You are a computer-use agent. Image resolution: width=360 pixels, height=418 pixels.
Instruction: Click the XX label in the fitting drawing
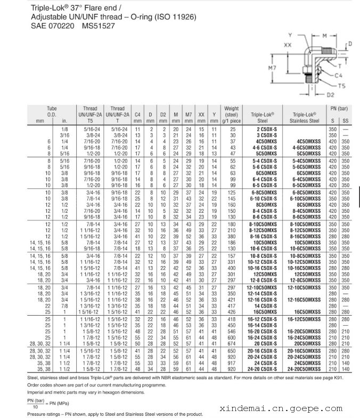point(288,46)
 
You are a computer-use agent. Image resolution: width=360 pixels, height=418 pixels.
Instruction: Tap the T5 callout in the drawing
point(342,85)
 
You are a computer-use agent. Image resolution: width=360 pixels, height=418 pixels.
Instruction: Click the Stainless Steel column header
point(306,118)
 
